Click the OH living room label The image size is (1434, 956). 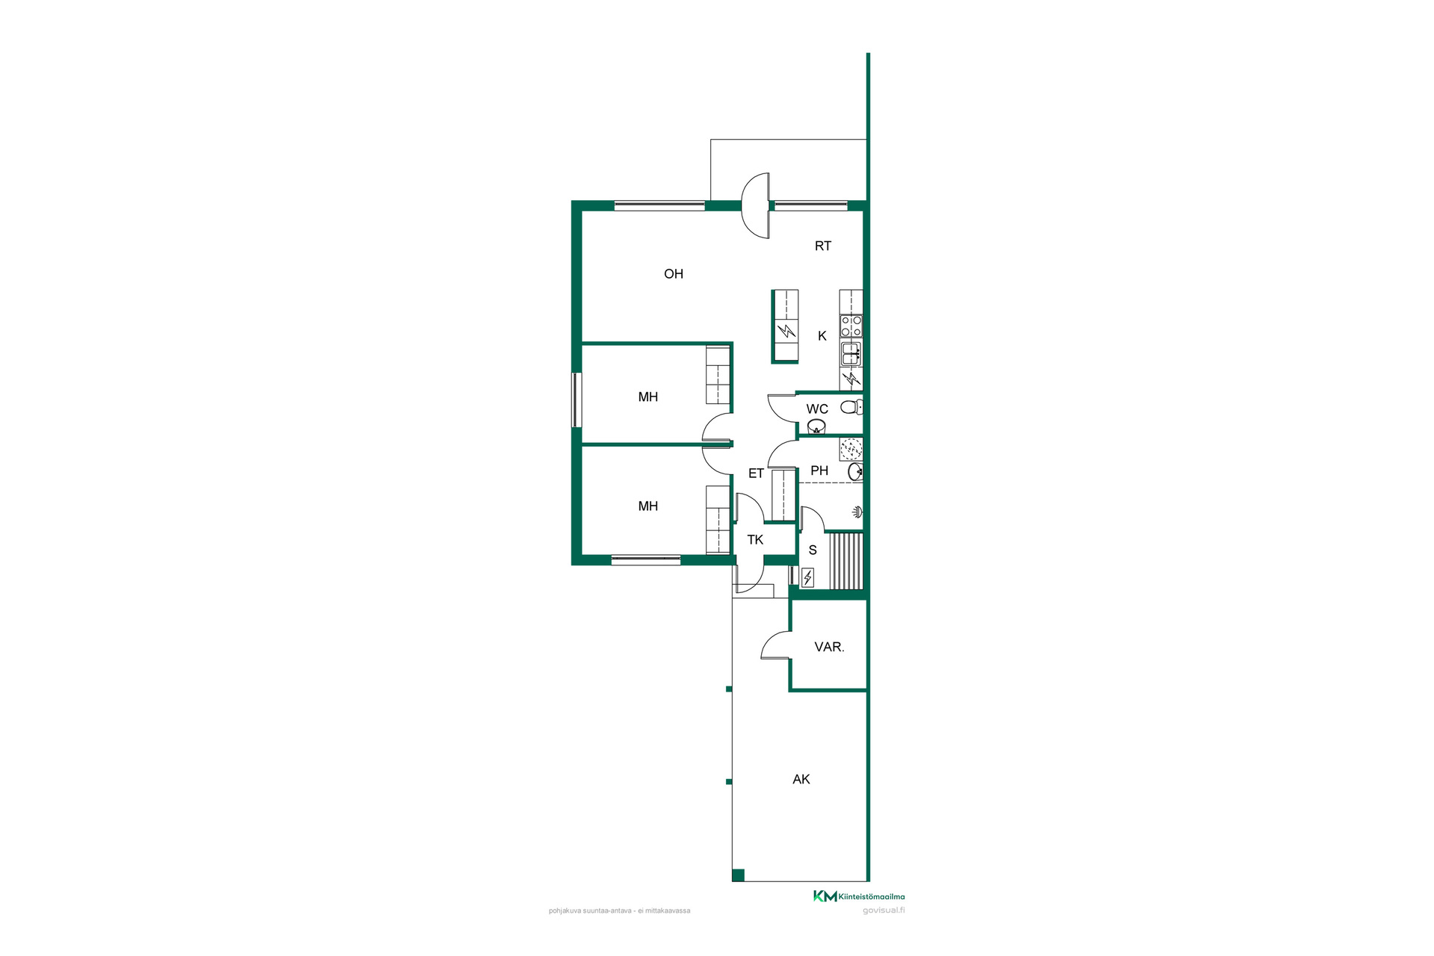point(674,274)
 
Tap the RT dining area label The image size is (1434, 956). point(823,246)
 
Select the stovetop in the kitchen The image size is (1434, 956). point(851,326)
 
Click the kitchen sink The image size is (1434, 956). point(851,353)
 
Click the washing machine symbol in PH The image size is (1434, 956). point(851,449)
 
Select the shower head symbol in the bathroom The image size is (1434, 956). point(858,512)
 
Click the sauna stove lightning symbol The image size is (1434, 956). point(807,577)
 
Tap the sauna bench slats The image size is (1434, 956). point(845,561)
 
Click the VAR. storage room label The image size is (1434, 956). point(829,648)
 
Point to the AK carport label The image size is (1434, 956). point(801,780)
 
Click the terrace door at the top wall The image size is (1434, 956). point(756,206)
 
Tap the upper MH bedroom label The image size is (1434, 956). point(648,397)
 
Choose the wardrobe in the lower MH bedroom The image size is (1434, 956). point(718,520)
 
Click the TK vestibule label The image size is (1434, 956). point(755,540)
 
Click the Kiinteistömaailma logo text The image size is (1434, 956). point(872,897)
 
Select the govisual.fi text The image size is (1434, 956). point(884,910)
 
